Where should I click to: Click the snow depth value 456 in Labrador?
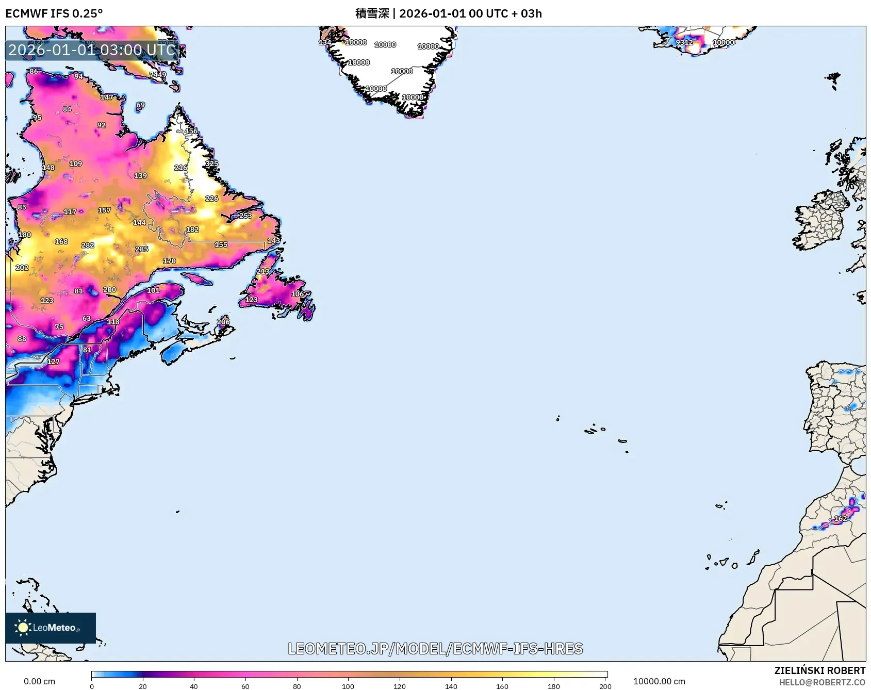coord(191,131)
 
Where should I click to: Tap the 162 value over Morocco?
coord(841,518)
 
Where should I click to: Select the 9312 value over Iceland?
coord(684,42)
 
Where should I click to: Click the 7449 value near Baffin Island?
coord(158,75)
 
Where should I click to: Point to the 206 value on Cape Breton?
coord(223,322)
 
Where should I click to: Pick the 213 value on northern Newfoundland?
coord(263,271)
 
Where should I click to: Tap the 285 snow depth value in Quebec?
coord(142,249)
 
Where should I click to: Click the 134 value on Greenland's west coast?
coord(325,42)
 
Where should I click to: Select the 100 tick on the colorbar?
coord(348,686)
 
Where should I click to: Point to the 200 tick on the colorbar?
coord(605,686)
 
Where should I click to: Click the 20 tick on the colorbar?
coord(143,686)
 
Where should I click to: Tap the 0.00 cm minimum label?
coord(39,681)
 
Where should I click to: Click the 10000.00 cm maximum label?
coord(659,681)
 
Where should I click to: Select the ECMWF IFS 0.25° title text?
coord(54,13)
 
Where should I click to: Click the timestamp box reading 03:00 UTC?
coord(92,50)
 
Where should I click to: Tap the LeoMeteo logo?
coord(51,628)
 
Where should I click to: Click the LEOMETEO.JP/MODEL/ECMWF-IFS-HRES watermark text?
coord(435,648)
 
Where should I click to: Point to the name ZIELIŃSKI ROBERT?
coord(819,670)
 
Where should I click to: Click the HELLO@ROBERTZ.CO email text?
coord(822,682)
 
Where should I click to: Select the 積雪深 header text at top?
coord(372,13)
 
